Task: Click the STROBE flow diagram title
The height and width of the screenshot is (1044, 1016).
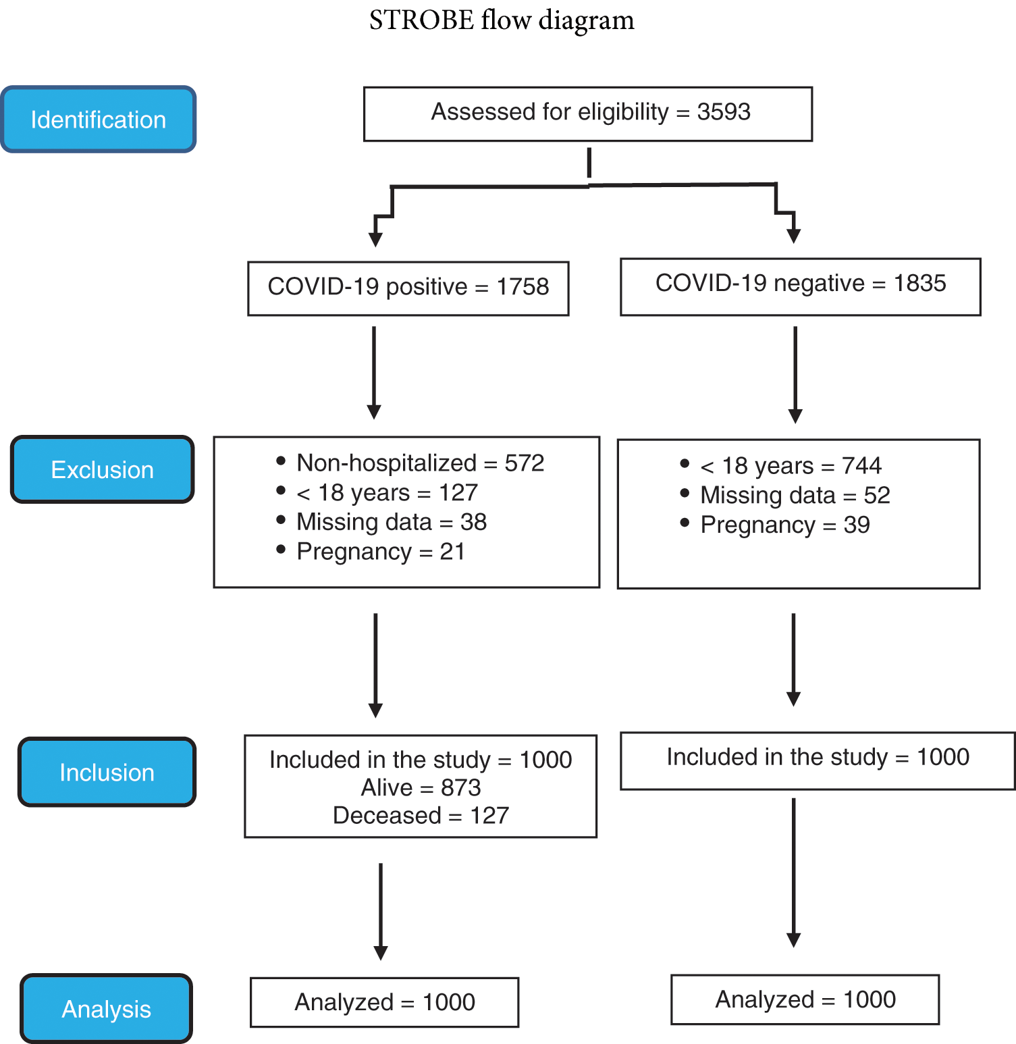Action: [x=502, y=20]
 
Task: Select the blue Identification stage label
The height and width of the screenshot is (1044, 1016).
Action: [x=99, y=120]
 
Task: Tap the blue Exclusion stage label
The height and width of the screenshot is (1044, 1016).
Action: [x=103, y=469]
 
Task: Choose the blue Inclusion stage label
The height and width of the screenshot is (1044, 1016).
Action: [x=107, y=772]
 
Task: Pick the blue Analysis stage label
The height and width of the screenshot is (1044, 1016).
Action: [x=106, y=1009]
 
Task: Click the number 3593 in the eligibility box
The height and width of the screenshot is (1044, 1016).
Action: [x=723, y=112]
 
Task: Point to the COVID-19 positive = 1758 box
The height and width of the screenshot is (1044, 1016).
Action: [x=408, y=288]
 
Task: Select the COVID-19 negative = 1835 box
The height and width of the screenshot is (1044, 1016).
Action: [x=800, y=286]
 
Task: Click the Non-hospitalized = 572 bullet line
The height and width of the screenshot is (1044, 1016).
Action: [x=420, y=463]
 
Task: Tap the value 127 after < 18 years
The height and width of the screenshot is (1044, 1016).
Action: [x=458, y=493]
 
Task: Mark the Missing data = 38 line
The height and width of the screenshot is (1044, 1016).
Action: [x=391, y=522]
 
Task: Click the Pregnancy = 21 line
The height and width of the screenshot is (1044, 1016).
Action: [x=381, y=552]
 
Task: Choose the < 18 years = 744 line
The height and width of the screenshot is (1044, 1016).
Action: [x=791, y=466]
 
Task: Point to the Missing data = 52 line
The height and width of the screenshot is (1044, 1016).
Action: [x=795, y=496]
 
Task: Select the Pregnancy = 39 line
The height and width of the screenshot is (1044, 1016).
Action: [x=784, y=525]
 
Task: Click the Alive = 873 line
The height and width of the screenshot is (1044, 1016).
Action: [x=421, y=787]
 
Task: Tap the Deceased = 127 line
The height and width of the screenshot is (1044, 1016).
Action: [x=421, y=815]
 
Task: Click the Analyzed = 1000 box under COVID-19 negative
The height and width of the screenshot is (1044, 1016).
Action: [x=805, y=999]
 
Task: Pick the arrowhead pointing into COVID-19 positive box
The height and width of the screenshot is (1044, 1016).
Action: [x=375, y=240]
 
